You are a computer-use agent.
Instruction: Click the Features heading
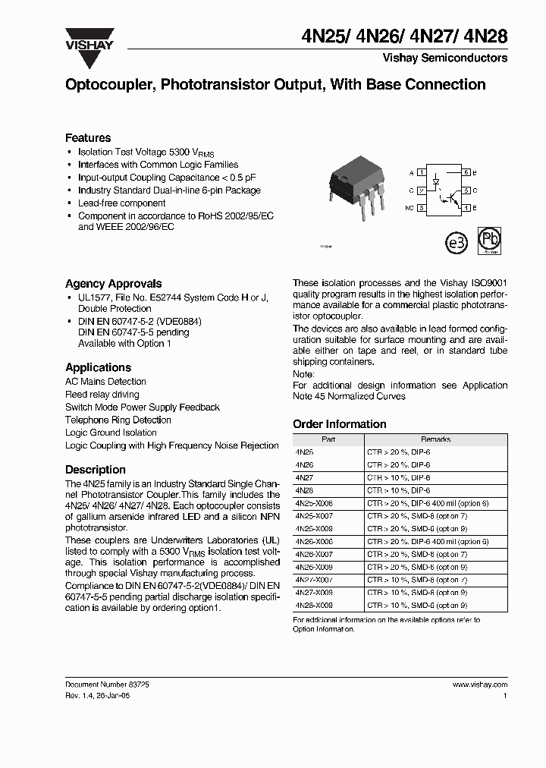point(88,137)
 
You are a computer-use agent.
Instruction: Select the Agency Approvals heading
point(113,283)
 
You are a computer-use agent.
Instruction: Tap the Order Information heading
point(339,424)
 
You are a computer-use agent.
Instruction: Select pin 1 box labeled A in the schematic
point(421,174)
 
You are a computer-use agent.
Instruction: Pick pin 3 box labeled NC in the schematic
point(421,207)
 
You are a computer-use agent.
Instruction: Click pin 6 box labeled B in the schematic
point(467,174)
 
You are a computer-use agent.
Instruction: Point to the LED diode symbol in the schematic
point(435,183)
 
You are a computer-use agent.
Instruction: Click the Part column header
point(328,439)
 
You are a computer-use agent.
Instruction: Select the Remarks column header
point(435,439)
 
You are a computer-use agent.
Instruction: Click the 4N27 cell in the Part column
point(304,478)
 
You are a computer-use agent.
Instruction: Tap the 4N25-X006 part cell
point(313,503)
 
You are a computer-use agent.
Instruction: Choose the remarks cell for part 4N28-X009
point(417,606)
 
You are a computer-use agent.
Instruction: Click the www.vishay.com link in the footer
point(479,684)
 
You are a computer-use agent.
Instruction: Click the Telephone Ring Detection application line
point(118,420)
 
